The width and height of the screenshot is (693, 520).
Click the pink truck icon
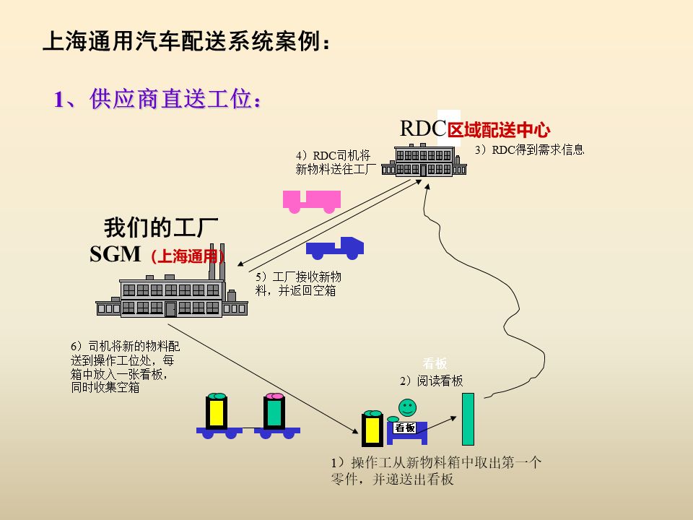point(311,200)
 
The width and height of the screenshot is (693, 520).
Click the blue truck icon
point(335,248)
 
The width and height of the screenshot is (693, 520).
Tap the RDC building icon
point(424,160)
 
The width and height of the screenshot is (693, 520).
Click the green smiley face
point(408,407)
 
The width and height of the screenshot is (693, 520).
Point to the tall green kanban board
point(468,419)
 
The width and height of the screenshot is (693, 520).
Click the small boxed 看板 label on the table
point(405,428)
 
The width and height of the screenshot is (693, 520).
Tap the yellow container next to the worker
point(372,430)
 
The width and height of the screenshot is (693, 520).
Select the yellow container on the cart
point(216,412)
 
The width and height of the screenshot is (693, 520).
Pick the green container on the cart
point(274,412)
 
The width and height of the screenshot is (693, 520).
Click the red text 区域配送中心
point(499,130)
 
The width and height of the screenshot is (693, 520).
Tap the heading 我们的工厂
point(161,227)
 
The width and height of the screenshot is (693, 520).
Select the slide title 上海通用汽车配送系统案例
point(188,43)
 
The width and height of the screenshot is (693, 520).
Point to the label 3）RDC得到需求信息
point(529,150)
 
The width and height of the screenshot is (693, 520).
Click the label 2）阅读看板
point(432,381)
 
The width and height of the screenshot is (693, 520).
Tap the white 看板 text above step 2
point(435,364)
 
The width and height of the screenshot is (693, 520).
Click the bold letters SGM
point(115,254)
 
